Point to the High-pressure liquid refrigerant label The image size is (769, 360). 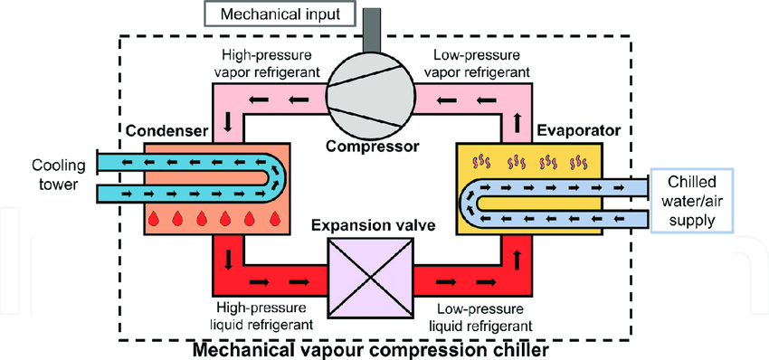[x=265, y=316]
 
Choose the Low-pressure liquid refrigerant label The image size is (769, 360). [x=479, y=316]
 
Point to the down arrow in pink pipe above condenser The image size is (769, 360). [x=227, y=119]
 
